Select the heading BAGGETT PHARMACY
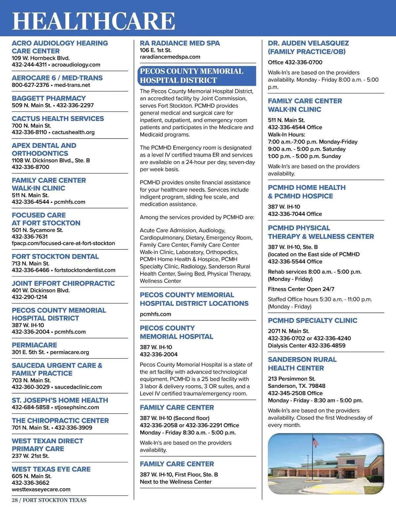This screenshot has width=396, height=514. click(49, 98)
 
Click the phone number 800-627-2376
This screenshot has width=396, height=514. click(31, 85)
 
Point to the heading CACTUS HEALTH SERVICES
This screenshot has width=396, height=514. click(58, 118)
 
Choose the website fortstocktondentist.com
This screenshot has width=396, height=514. click(85, 270)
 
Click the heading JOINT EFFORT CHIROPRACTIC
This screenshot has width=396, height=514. click(63, 283)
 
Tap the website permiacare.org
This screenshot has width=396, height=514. click(70, 352)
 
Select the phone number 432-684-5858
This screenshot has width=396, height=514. click(31, 407)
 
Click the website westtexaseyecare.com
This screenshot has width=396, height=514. click(41, 489)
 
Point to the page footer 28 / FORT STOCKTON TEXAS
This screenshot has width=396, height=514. click(49, 500)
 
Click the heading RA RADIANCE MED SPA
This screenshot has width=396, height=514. click(180, 43)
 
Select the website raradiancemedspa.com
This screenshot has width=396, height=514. click(170, 57)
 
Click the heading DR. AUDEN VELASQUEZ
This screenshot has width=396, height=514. click(308, 43)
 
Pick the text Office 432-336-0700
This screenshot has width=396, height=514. click(295, 62)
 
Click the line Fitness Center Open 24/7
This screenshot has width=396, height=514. click(301, 289)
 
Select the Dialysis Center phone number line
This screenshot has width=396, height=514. click(307, 345)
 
